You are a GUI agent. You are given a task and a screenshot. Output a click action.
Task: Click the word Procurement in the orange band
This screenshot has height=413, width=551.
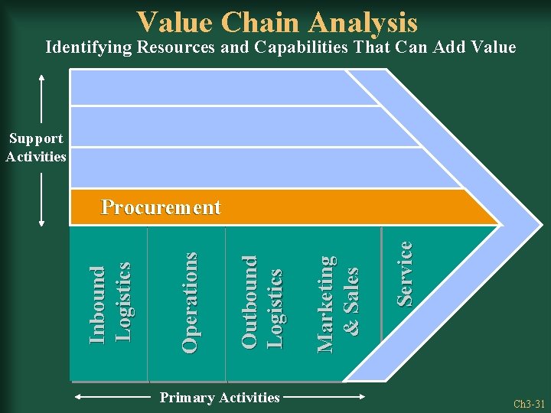pyautogui.click(x=161, y=207)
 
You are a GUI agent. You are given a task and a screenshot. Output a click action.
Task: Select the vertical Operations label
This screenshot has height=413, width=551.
pyautogui.click(x=190, y=302)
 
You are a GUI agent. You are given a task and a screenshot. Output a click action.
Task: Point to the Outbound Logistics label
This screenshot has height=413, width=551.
pyautogui.click(x=262, y=302)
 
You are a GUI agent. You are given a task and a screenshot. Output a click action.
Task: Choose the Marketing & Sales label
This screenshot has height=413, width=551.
pyautogui.click(x=337, y=303)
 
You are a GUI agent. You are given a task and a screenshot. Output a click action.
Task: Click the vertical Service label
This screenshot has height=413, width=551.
pyautogui.click(x=405, y=273)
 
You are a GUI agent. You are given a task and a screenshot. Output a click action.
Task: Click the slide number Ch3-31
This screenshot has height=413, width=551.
pyautogui.click(x=529, y=403)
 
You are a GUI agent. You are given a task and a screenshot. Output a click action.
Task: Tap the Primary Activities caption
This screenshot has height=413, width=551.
pyautogui.click(x=219, y=397)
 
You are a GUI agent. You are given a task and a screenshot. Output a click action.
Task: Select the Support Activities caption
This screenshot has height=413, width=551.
pyautogui.click(x=36, y=148)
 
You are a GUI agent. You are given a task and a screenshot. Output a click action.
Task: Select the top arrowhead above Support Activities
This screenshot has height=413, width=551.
pyautogui.click(x=41, y=76)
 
